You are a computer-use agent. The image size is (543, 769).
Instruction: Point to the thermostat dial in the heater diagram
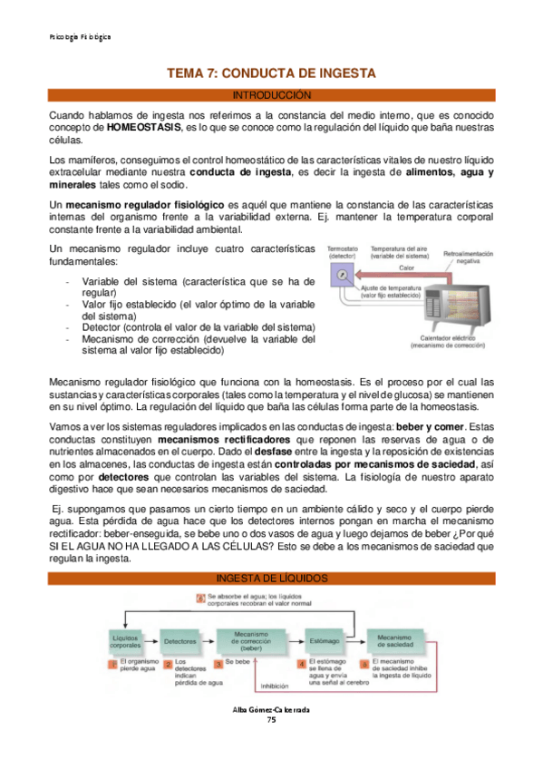point(340,273)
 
